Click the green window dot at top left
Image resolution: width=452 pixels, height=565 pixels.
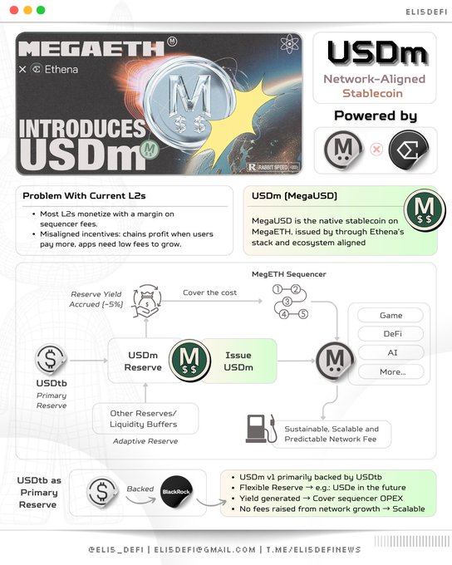coord(41,10)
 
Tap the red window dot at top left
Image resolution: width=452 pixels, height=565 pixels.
coord(14,10)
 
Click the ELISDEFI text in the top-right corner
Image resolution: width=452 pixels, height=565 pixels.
coord(426,12)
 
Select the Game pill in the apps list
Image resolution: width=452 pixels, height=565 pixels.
coord(391,315)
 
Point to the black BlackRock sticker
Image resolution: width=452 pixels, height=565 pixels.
coord(176,492)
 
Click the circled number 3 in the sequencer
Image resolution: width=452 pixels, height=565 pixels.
coord(287,302)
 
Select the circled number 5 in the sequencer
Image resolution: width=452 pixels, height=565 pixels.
coord(303,314)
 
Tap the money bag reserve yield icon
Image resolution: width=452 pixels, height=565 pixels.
coord(146,301)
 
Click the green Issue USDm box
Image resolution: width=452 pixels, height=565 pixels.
coord(238,361)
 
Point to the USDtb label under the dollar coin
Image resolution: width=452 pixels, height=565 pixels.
coord(52,383)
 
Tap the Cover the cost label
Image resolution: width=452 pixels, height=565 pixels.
coord(209,292)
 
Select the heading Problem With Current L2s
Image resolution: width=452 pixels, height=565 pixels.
coord(84,195)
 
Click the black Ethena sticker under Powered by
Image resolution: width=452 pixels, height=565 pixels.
coord(409,150)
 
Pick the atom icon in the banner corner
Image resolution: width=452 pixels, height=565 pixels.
coord(289,44)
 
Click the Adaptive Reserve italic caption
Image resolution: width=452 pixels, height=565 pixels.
coord(145,441)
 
